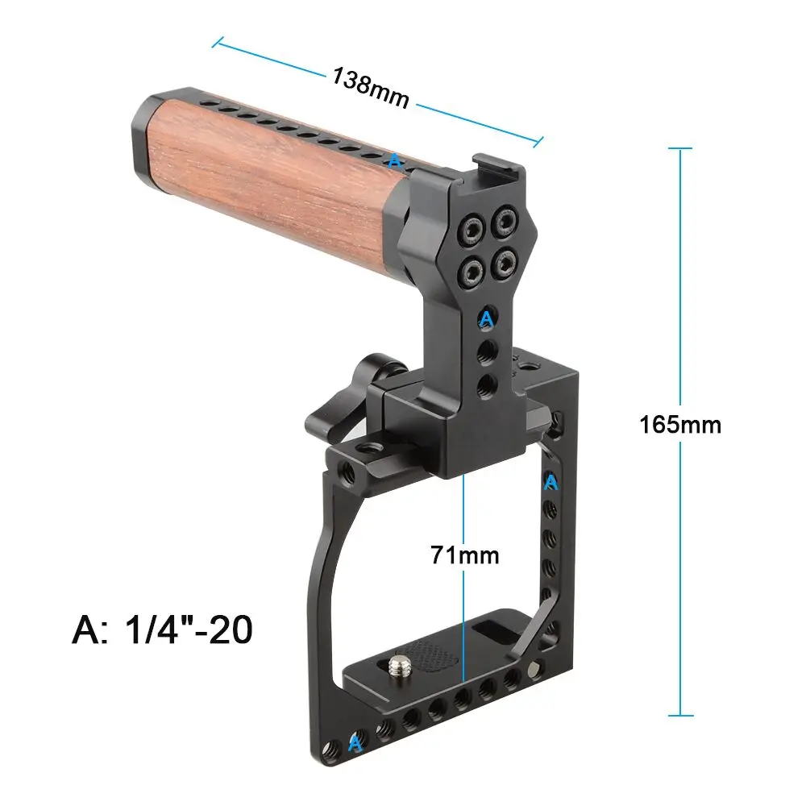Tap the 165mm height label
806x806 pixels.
click(680, 424)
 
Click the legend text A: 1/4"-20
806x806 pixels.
click(161, 629)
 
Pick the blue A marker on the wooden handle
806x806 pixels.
click(393, 161)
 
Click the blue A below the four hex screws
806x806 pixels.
click(486, 319)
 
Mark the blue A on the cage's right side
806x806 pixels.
click(551, 482)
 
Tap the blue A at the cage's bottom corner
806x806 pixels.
click(354, 743)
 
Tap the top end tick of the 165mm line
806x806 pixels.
click(680, 149)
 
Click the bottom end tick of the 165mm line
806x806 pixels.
click(680, 714)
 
